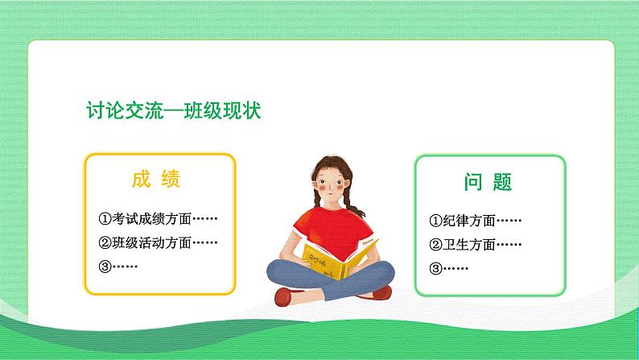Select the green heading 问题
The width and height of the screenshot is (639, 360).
tap(489, 182)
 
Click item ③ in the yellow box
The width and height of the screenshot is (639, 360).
tap(117, 266)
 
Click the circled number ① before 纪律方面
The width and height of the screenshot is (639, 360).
tap(435, 221)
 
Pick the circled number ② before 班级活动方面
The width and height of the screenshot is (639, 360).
tap(105, 242)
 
